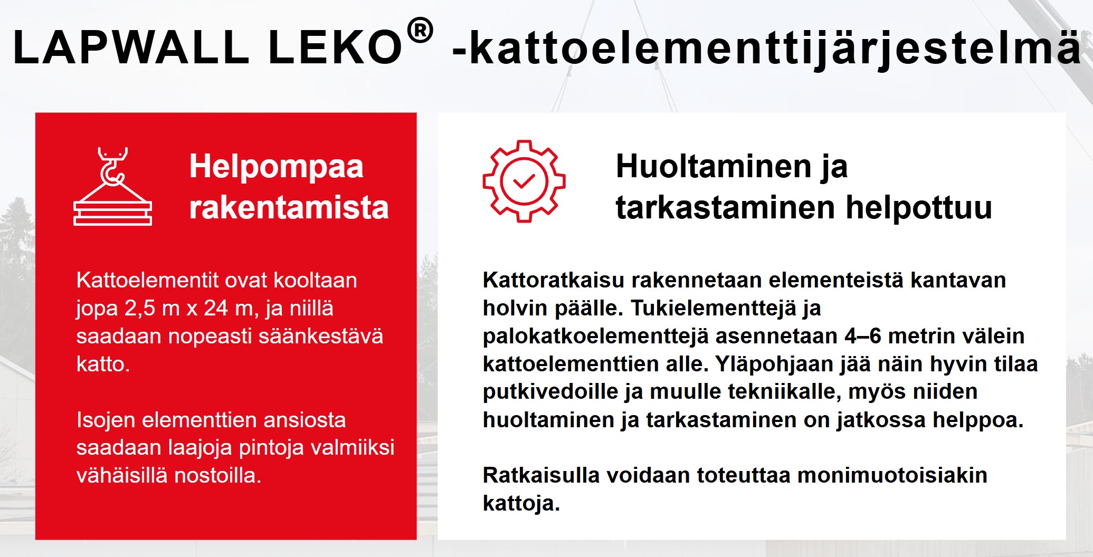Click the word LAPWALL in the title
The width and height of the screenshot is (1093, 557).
tap(131, 47)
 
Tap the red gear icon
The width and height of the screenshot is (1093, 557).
tap(524, 181)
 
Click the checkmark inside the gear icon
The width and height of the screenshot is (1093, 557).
tap(524, 181)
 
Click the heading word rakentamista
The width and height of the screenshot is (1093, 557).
tap(289, 207)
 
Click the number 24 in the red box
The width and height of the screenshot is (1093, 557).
tap(216, 308)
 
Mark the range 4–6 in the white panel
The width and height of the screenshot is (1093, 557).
tap(863, 336)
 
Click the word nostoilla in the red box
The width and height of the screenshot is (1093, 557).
tap(218, 476)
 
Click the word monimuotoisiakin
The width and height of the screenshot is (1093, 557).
tap(892, 476)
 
